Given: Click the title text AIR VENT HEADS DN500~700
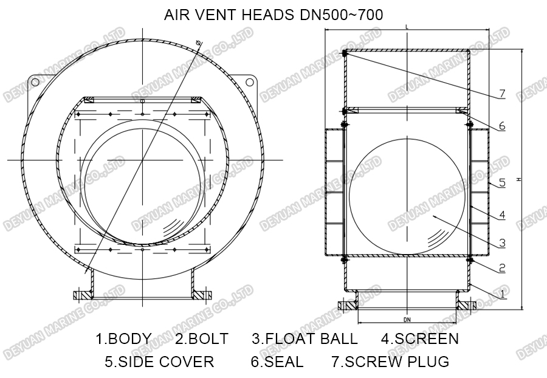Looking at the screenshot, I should [x=273, y=15].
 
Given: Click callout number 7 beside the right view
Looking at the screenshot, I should [x=502, y=94].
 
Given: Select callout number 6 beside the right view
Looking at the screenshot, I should [x=502, y=126].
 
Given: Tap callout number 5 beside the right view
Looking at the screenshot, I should [x=502, y=182].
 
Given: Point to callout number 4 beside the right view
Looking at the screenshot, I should [x=502, y=215].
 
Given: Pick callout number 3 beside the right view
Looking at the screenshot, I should [x=502, y=243].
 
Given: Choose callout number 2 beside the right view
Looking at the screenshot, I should [x=502, y=267].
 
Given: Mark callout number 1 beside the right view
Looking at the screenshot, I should [x=502, y=294].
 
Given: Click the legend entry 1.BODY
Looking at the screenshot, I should [x=124, y=338].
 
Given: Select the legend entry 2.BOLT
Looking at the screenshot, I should [x=202, y=338].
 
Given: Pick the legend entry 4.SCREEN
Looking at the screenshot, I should [x=420, y=338].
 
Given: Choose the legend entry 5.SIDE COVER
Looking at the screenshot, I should [x=159, y=362].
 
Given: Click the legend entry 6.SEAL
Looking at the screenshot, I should [x=277, y=362].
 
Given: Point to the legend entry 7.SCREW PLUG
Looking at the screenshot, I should [x=390, y=362].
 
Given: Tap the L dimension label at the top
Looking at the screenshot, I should [x=406, y=27].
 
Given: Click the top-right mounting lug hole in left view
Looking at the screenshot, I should [x=249, y=83].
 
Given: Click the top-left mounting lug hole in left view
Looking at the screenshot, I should [x=36, y=83].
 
